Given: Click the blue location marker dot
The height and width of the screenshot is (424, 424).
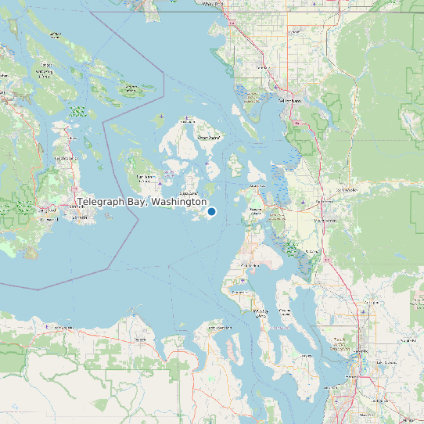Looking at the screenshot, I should coord(211,211).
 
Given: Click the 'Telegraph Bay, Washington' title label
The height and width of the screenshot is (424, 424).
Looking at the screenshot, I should coord(142,202).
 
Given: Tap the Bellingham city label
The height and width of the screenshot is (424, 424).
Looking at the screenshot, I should coord(289,101).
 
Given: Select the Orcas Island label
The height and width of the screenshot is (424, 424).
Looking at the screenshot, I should coord(208,138).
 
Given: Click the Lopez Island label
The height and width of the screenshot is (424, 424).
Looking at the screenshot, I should coord(188,192).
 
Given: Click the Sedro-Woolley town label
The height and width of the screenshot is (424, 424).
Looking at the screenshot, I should coord(345,189).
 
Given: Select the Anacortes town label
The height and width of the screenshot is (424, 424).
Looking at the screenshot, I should coord(256,186).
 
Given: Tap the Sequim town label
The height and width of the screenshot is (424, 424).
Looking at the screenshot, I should coord(141,340).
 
